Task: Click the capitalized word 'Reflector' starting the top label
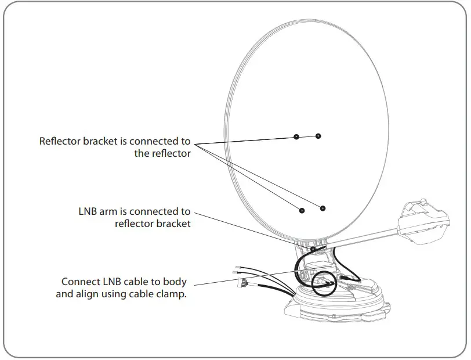[60, 141]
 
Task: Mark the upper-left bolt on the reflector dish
[296, 137]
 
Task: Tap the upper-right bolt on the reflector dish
[318, 136]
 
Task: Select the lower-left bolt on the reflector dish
[302, 210]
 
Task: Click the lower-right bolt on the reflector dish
[323, 208]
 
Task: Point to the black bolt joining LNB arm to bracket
[313, 249]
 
